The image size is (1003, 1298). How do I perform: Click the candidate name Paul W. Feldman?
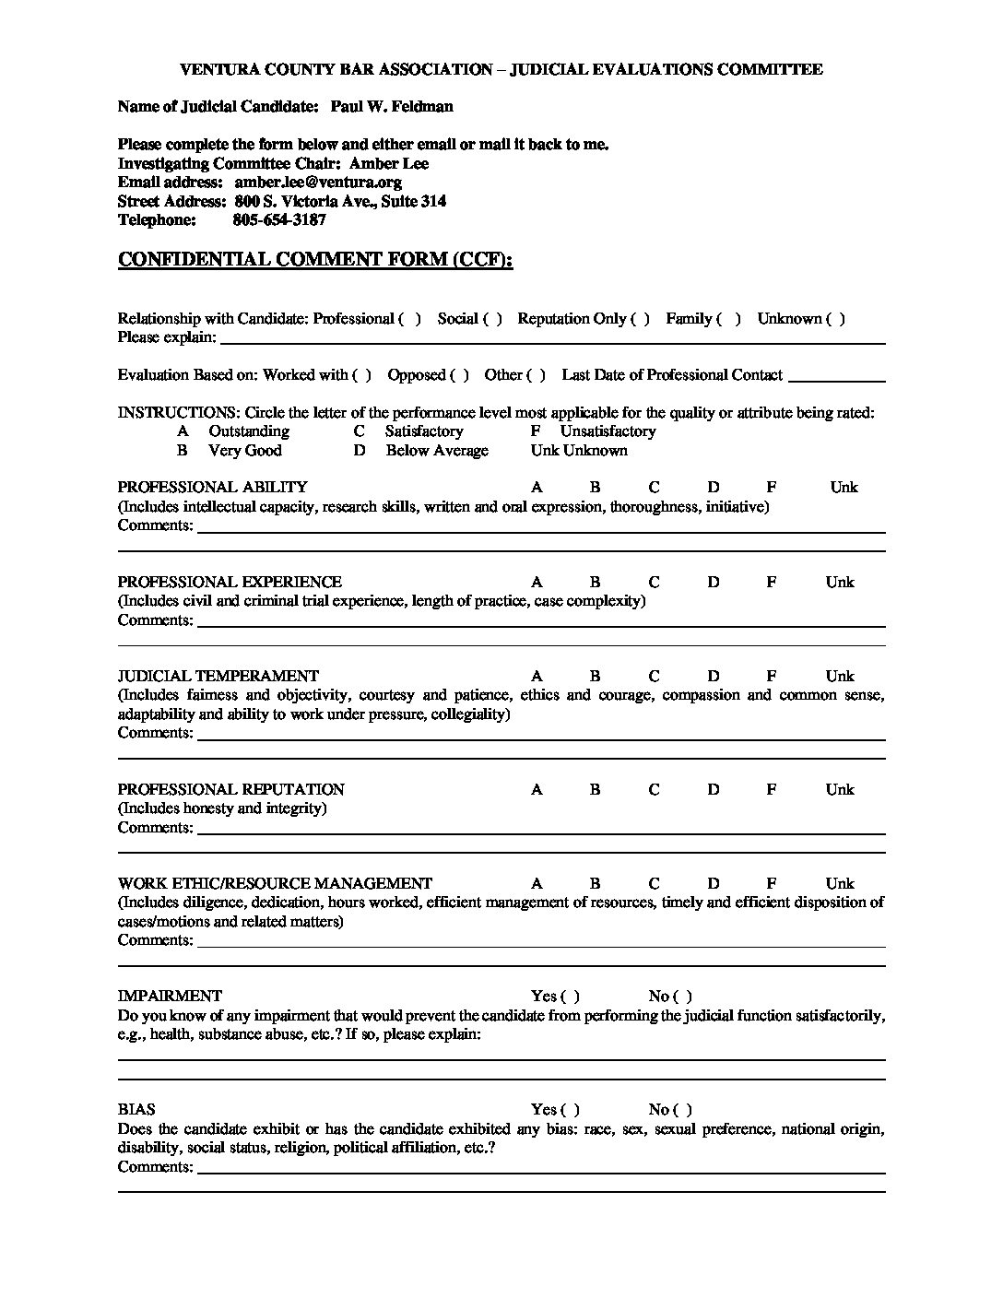(x=391, y=106)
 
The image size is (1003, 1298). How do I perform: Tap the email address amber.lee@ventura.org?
(x=317, y=182)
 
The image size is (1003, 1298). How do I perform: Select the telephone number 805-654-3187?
(x=279, y=219)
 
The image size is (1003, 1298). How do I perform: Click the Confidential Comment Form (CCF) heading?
(x=314, y=259)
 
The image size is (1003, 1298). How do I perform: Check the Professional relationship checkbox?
(x=410, y=318)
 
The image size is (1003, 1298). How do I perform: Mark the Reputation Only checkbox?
(x=641, y=318)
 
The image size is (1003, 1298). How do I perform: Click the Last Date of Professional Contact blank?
(x=837, y=376)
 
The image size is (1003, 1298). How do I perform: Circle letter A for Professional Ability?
(x=537, y=487)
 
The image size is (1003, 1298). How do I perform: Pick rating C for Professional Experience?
(x=654, y=582)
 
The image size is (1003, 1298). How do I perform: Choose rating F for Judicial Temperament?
(x=772, y=676)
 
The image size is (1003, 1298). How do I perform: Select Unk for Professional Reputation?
(x=840, y=789)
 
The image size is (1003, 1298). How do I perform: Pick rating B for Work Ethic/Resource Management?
(x=595, y=883)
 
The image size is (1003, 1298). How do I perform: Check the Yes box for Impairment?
(x=570, y=996)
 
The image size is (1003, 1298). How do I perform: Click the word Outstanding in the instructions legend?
(x=249, y=431)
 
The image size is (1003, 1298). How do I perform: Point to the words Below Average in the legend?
(x=437, y=450)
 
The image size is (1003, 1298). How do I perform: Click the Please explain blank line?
(x=551, y=338)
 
